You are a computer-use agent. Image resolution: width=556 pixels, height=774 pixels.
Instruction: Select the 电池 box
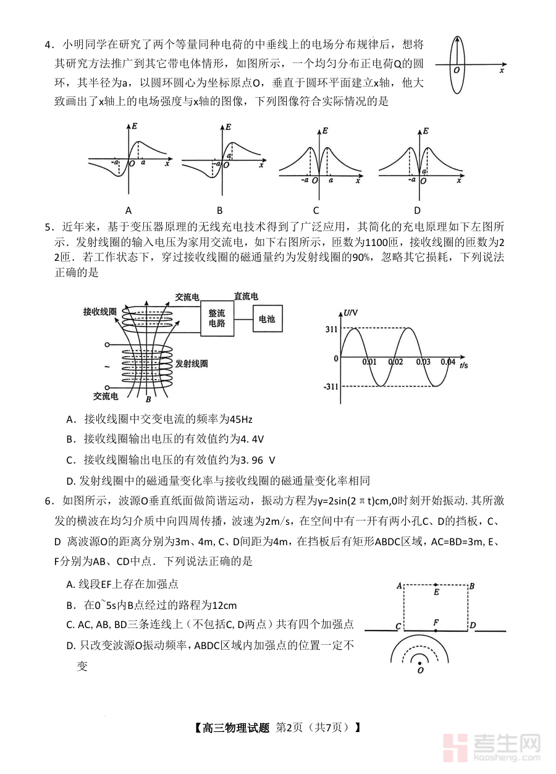pyautogui.click(x=266, y=319)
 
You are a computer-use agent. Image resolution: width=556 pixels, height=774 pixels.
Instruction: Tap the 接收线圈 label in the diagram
pyautogui.click(x=100, y=312)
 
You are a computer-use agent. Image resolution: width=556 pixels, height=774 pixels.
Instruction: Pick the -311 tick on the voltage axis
pyautogui.click(x=331, y=387)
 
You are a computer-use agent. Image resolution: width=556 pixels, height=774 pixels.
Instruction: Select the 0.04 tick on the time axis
pyautogui.click(x=447, y=362)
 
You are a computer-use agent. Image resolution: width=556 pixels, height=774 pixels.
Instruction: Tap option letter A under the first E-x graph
pyautogui.click(x=128, y=210)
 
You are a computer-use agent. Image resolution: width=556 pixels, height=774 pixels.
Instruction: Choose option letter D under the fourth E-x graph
pyautogui.click(x=417, y=210)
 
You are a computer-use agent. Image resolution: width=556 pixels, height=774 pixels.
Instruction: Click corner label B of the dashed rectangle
pyautogui.click(x=472, y=585)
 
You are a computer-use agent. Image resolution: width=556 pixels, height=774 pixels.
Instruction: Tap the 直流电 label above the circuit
pyautogui.click(x=246, y=297)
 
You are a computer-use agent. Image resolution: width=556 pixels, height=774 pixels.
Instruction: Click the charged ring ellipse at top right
pyautogui.click(x=457, y=64)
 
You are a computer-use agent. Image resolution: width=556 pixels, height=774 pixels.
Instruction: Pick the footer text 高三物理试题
pyautogui.click(x=236, y=728)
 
